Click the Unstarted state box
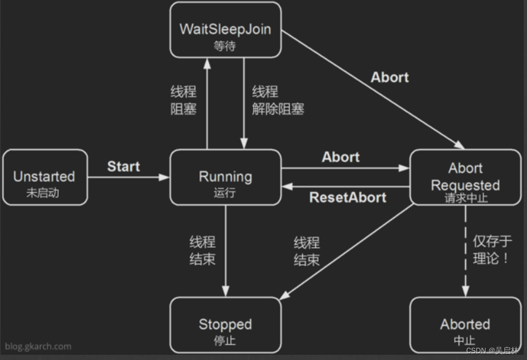[44, 177]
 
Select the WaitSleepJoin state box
[225, 30]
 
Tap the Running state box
[225, 177]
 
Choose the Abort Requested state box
[465, 177]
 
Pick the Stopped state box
[225, 325]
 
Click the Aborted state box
[465, 325]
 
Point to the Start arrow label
[124, 167]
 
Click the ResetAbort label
[347, 198]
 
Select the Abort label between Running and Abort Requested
[341, 157]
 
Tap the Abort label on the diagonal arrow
[389, 77]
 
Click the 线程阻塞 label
[183, 100]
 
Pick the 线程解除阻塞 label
[277, 100]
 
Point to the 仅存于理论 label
[492, 250]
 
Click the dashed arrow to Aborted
[465, 251]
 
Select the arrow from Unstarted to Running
[128, 177]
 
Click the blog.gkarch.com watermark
[38, 346]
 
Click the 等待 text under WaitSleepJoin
[225, 46]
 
